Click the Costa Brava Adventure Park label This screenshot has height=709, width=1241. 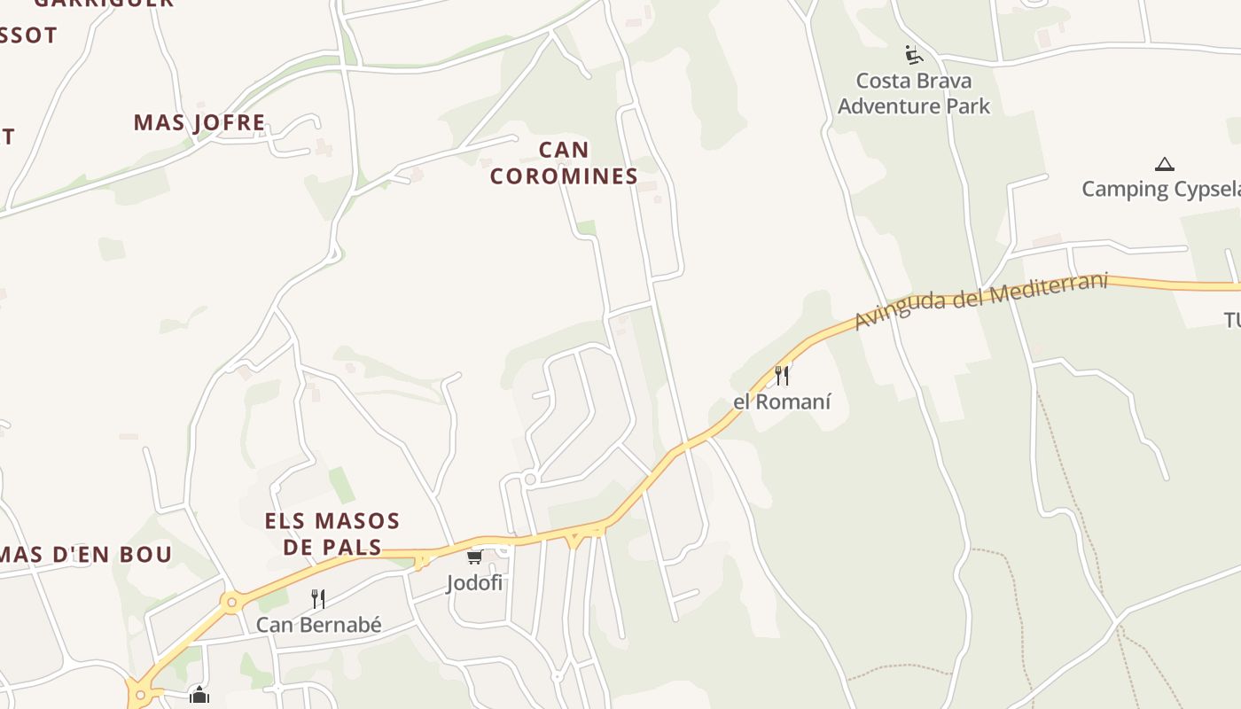[x=914, y=93]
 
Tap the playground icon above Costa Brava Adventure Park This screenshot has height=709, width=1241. [x=914, y=55]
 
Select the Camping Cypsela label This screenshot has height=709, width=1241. [x=1160, y=189]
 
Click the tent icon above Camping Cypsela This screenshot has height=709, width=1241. [x=1164, y=164]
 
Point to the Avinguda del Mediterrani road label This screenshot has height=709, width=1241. [x=980, y=301]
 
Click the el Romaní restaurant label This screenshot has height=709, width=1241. [x=782, y=401]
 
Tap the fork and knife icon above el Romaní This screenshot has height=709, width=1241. [x=782, y=376]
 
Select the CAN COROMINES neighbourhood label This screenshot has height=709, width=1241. [x=564, y=163]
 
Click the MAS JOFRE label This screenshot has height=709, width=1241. [x=199, y=122]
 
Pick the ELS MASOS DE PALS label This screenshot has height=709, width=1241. [x=332, y=534]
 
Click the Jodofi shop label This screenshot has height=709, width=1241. [x=474, y=582]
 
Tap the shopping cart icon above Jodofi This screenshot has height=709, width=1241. [x=474, y=557]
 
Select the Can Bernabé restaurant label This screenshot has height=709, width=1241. [x=319, y=625]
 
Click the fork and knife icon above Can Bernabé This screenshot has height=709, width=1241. [x=318, y=599]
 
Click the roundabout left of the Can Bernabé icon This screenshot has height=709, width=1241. [x=232, y=603]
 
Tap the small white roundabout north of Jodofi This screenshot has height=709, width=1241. [x=530, y=479]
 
